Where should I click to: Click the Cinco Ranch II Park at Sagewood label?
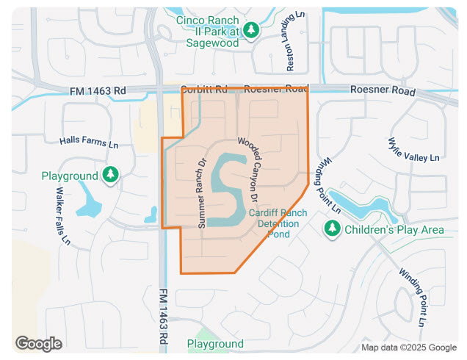point(207,31)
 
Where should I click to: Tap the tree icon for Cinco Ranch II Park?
point(252,30)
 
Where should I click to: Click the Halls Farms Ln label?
point(89,142)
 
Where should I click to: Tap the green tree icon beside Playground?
point(110,175)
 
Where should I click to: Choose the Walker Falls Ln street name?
point(62,215)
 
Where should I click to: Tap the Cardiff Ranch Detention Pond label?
point(278,223)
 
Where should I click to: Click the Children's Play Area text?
point(394,230)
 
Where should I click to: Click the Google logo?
point(38,343)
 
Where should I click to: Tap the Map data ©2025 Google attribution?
point(408,348)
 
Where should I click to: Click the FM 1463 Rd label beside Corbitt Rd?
point(98,91)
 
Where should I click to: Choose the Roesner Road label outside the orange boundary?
point(383,91)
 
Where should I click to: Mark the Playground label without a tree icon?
point(215,344)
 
